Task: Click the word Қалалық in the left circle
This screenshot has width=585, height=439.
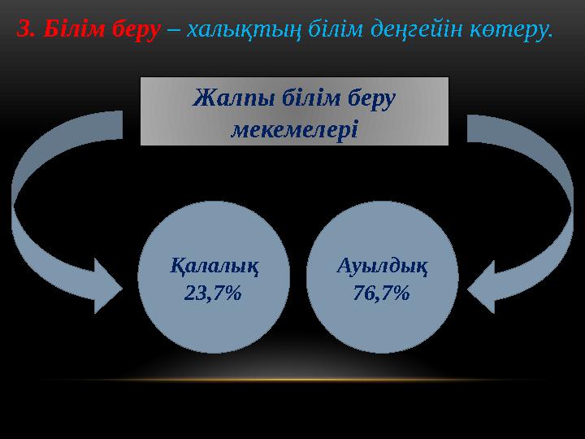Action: tap(214, 266)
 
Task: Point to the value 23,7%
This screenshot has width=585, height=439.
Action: tap(214, 293)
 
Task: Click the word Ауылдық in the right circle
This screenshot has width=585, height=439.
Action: tap(382, 266)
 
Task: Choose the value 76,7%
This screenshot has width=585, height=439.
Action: tap(382, 293)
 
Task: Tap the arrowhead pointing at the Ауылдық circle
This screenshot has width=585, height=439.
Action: tap(487, 285)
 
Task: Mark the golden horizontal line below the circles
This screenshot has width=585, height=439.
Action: tap(292, 380)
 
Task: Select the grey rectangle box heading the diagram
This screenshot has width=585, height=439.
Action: tap(294, 111)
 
